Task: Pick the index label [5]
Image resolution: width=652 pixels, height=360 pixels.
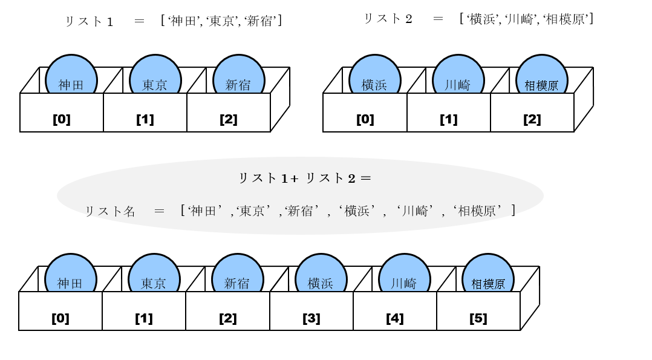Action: coord(478,318)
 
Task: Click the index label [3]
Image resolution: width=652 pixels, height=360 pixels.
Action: coord(311,318)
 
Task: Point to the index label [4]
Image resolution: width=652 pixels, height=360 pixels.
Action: coord(394,318)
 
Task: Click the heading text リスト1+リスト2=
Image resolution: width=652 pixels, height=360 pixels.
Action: coord(304,178)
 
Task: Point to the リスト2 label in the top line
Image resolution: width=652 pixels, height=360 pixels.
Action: coord(388,19)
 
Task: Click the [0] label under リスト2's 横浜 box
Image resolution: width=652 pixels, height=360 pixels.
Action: coord(365,119)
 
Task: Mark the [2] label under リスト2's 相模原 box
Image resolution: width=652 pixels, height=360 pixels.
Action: coord(532,119)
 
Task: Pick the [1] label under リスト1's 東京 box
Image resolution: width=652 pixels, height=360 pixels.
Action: coord(145,119)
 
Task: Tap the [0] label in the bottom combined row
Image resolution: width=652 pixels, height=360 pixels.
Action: coord(60,318)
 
